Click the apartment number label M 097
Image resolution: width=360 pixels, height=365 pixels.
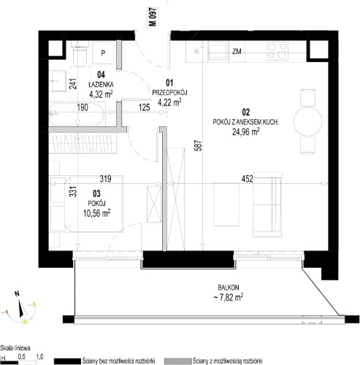click(x=153, y=17)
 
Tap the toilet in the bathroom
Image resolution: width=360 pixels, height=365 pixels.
click(x=80, y=54)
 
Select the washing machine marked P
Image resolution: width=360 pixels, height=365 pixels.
click(x=103, y=53)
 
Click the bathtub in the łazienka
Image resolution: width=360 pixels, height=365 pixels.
click(x=77, y=114)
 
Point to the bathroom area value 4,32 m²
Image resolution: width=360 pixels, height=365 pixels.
click(x=101, y=93)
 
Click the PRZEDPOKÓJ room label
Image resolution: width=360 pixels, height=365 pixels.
click(x=169, y=93)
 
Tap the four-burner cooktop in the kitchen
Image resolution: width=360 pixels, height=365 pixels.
click(x=277, y=50)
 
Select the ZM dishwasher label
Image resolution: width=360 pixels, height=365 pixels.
click(x=237, y=51)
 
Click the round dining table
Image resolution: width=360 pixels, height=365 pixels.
click(x=308, y=121)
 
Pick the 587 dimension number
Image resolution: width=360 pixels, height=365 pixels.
click(x=199, y=145)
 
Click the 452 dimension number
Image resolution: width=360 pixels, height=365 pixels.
click(x=247, y=179)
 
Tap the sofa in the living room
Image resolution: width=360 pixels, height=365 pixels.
click(x=267, y=204)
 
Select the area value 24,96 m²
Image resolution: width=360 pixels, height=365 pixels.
click(x=245, y=132)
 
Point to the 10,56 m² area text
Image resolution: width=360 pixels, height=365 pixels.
click(x=96, y=213)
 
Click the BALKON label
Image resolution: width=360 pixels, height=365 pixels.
click(x=229, y=288)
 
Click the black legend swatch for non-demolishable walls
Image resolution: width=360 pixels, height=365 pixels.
click(x=67, y=361)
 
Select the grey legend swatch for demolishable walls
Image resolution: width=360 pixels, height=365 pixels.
click(x=178, y=361)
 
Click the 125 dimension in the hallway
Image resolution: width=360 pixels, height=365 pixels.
click(x=145, y=107)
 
